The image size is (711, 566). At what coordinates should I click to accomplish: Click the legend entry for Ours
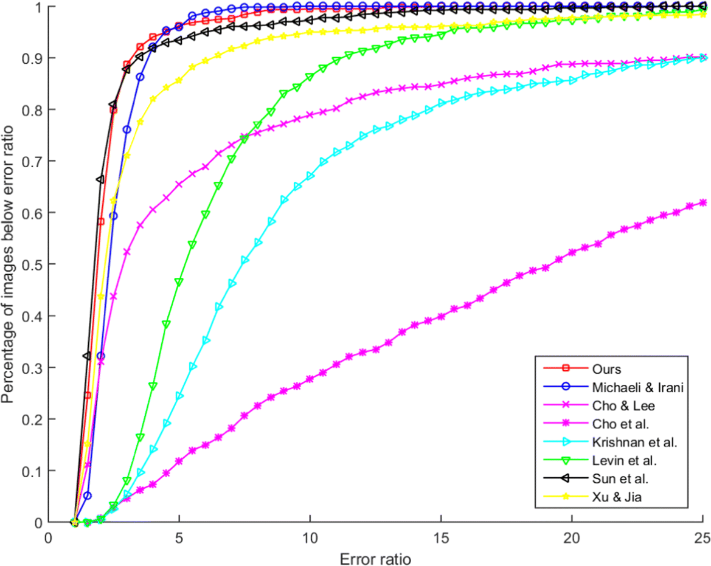[604, 368]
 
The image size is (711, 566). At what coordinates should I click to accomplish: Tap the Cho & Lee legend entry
[615, 405]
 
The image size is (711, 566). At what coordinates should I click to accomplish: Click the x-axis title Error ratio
[375, 556]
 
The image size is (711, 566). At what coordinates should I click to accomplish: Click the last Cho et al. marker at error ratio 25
[703, 202]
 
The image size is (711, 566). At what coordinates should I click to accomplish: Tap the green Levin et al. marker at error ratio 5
[179, 282]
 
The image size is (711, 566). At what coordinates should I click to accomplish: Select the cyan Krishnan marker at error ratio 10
[310, 176]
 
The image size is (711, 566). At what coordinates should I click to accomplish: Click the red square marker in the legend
[564, 368]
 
